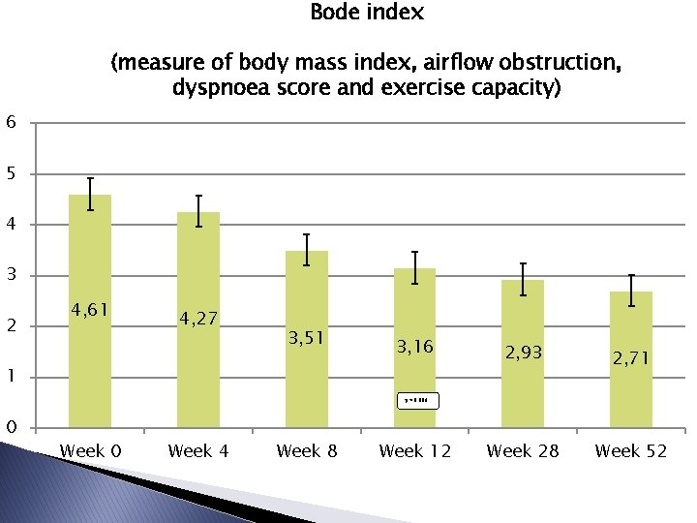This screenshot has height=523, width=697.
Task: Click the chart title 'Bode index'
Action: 366,14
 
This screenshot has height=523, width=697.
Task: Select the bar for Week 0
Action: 90,310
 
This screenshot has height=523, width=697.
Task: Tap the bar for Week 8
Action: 307,339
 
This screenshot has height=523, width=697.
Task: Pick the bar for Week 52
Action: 631,358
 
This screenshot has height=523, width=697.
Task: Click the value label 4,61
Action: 90,310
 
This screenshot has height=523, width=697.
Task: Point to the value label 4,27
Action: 198,318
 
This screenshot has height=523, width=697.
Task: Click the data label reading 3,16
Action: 415,346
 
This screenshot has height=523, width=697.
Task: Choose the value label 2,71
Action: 631,359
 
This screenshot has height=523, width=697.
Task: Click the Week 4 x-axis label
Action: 198,451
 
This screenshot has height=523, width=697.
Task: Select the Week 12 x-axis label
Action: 415,451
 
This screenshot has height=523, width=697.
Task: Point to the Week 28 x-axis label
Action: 523,451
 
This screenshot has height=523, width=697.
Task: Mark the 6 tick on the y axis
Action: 10,122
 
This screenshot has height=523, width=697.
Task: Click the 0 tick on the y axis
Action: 10,427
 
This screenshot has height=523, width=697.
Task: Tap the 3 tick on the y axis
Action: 10,276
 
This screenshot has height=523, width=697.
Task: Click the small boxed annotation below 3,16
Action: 417,399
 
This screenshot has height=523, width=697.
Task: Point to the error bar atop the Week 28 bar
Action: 523,279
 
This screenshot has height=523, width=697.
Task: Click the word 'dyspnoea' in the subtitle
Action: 216,88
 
